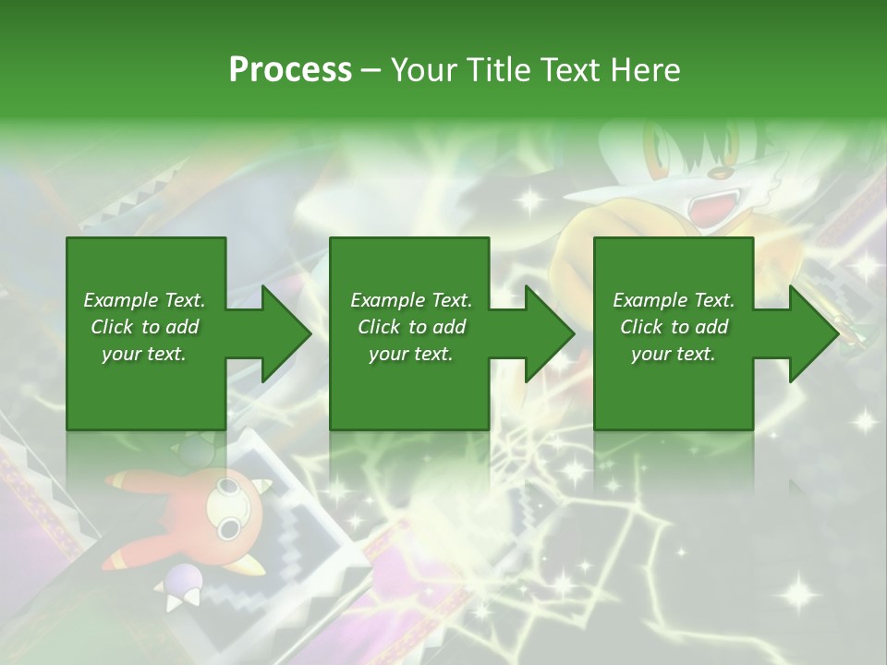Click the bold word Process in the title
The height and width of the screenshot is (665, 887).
290,70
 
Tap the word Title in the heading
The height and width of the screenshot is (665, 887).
496,70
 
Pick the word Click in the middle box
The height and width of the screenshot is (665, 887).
380,327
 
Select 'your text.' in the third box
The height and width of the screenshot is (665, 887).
674,354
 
